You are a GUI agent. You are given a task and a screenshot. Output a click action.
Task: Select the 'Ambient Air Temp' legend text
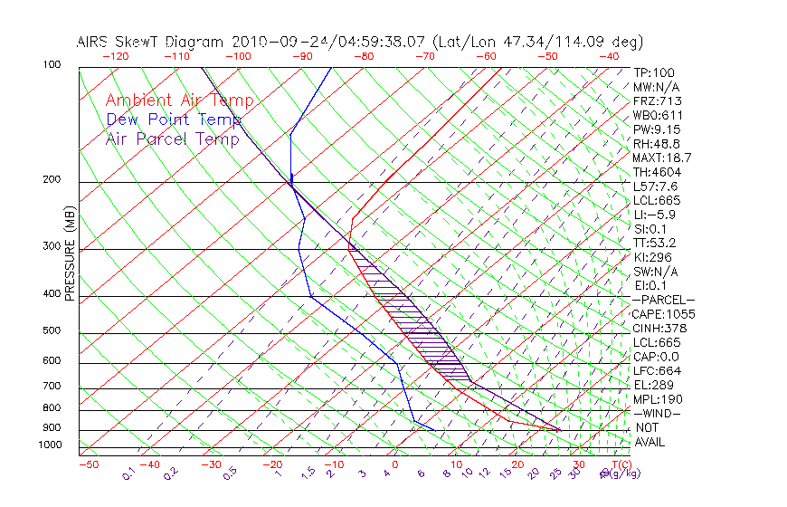179,100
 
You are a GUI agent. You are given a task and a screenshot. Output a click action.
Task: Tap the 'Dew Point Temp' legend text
174,120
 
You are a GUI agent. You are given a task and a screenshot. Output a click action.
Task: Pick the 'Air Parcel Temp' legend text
173,139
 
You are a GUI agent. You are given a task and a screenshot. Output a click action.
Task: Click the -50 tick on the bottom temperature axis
89,464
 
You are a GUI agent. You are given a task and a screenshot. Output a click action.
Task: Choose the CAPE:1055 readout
663,314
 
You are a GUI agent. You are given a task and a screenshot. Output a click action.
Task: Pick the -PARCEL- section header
663,300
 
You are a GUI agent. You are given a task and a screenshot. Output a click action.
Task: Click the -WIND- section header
658,413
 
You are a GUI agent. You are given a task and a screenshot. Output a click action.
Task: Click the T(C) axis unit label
620,464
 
